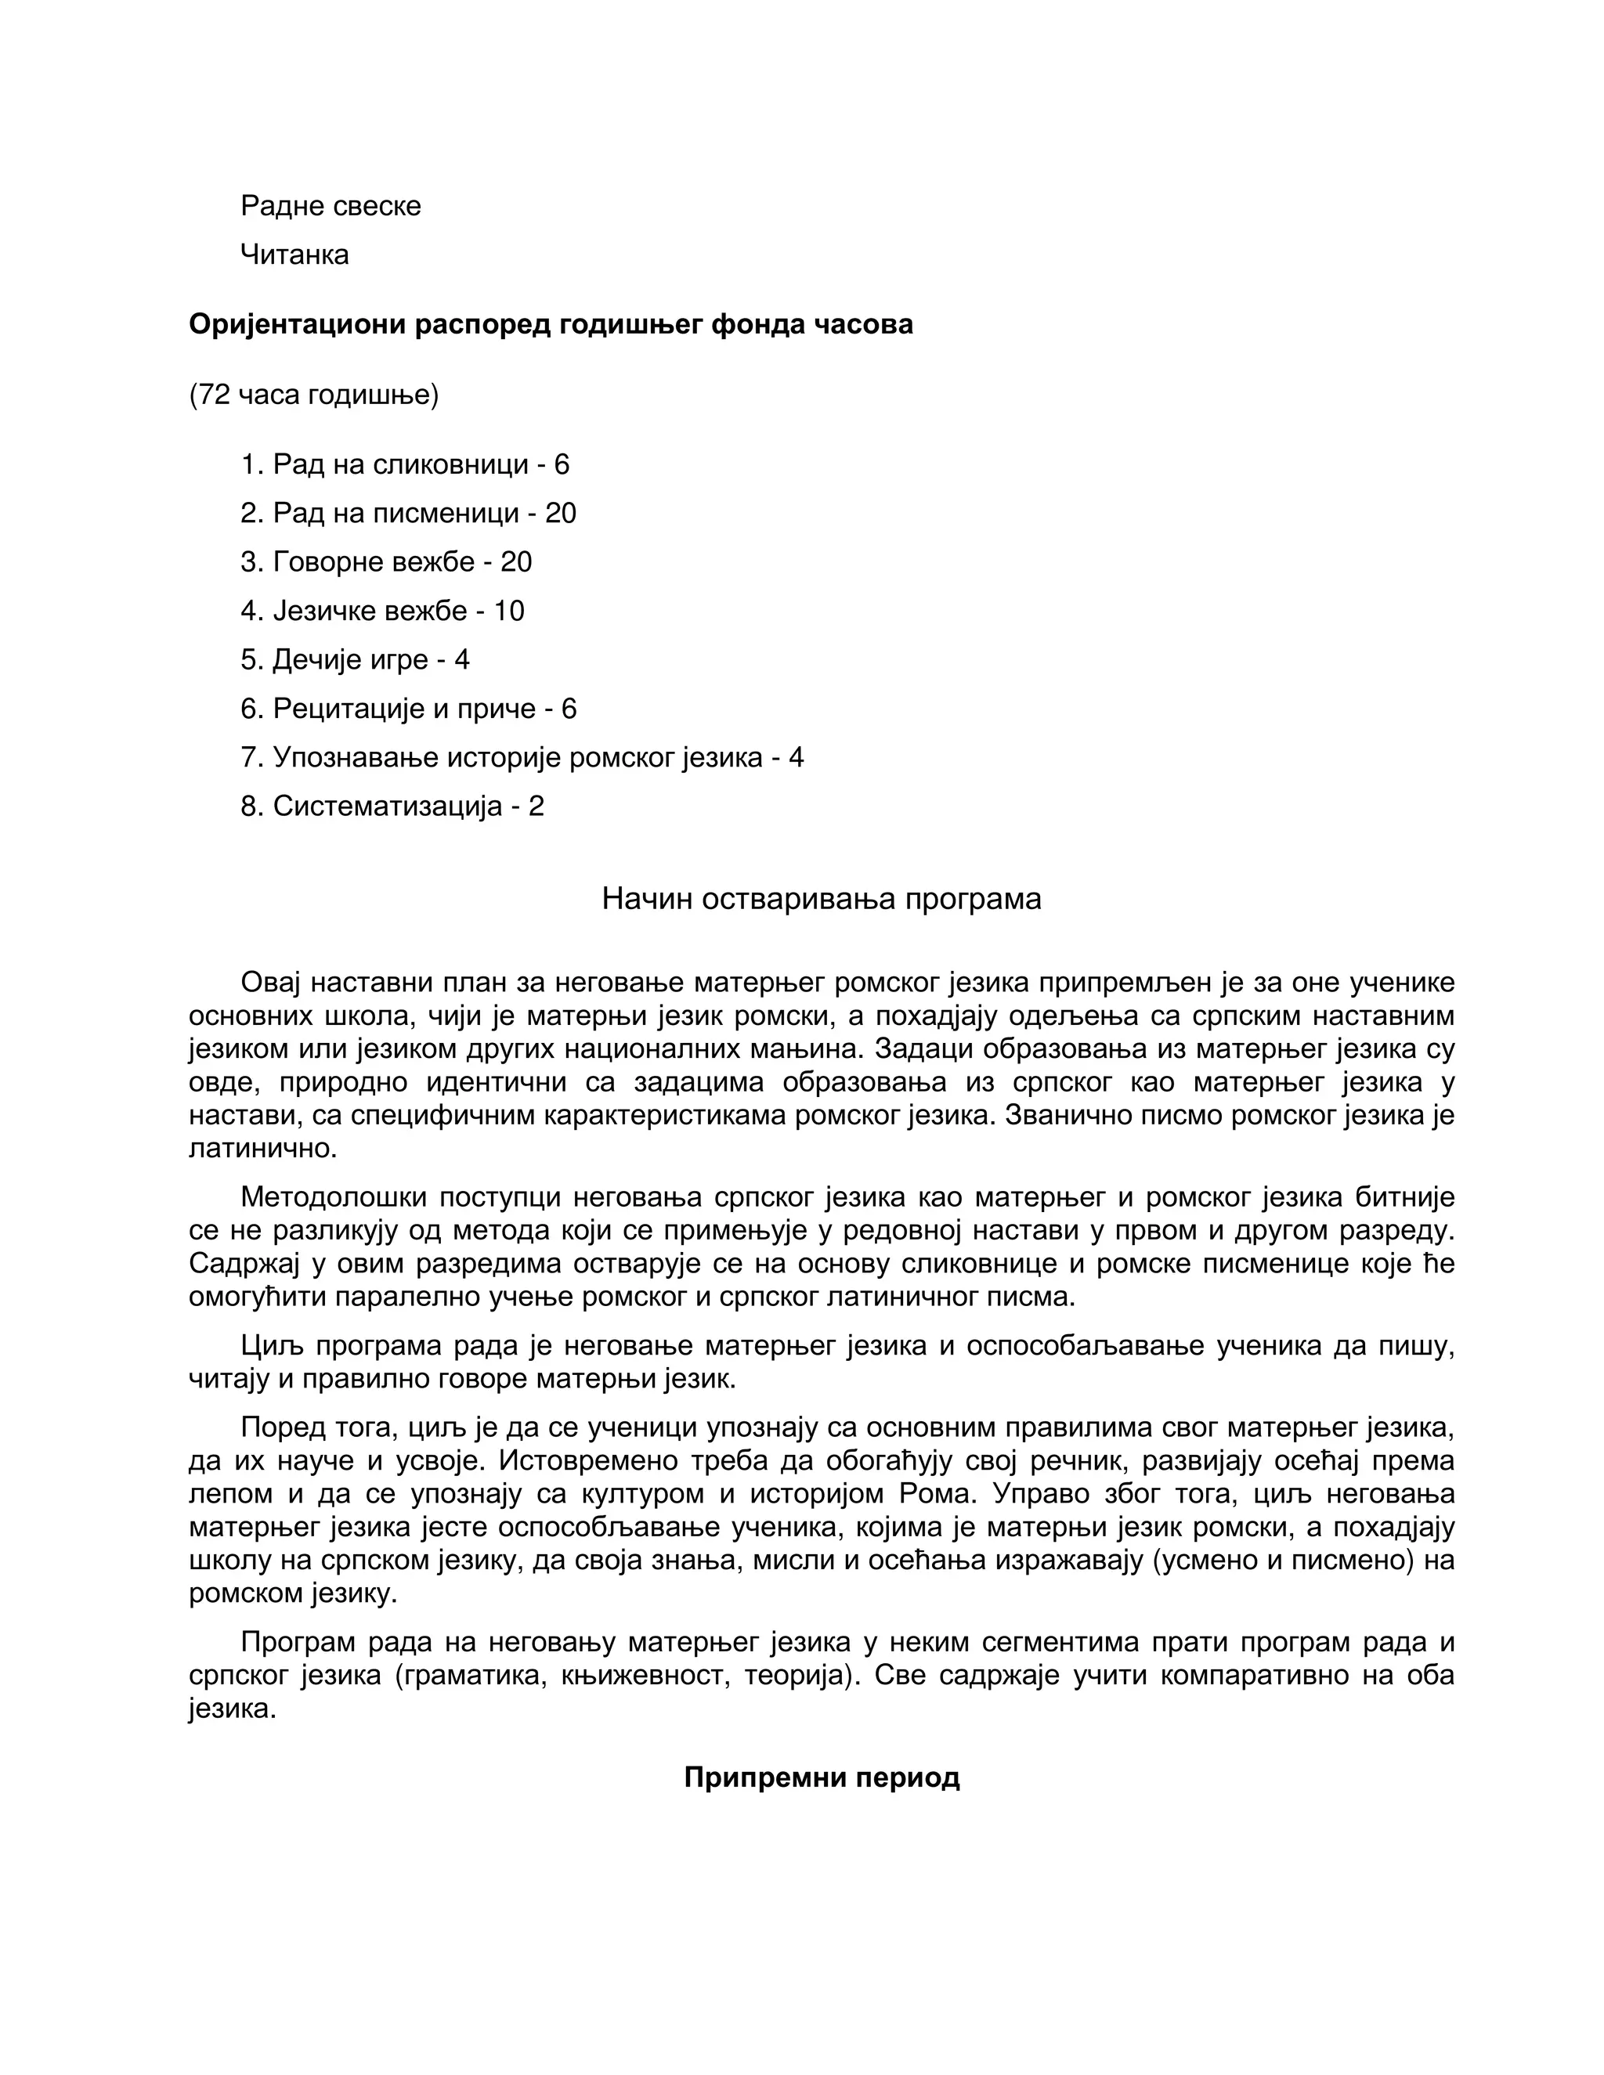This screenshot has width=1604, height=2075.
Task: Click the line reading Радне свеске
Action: point(330,206)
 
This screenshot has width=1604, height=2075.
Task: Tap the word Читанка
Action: point(294,254)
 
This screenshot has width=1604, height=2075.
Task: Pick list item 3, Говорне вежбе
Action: point(386,561)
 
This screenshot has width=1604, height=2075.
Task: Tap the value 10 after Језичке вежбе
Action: point(508,611)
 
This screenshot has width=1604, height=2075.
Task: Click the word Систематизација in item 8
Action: point(387,807)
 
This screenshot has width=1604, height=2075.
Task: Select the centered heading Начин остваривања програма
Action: point(821,899)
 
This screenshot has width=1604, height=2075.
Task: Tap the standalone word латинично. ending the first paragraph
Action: point(263,1149)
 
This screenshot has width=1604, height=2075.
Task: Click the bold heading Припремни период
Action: point(821,1777)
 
